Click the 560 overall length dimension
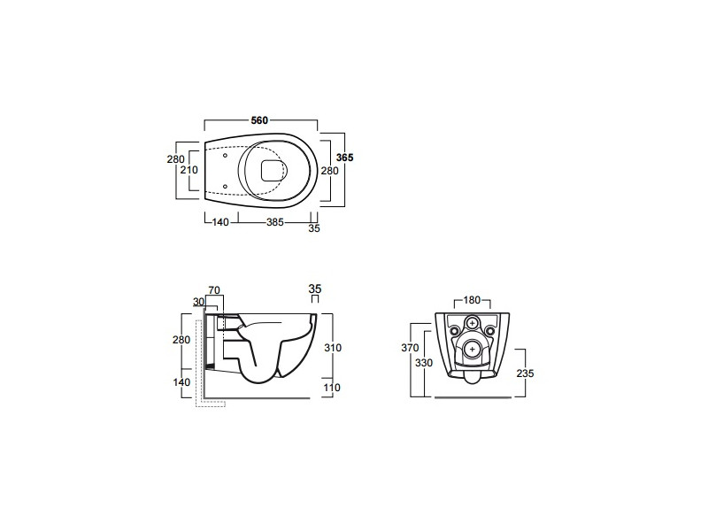click(259, 120)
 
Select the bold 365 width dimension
click(345, 158)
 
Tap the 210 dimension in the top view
click(189, 170)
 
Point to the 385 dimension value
click(274, 222)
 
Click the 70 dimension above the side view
click(214, 290)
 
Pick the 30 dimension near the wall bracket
click(198, 302)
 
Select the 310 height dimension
click(333, 348)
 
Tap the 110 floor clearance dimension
click(332, 388)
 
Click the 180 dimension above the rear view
click(472, 300)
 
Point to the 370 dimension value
click(410, 348)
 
